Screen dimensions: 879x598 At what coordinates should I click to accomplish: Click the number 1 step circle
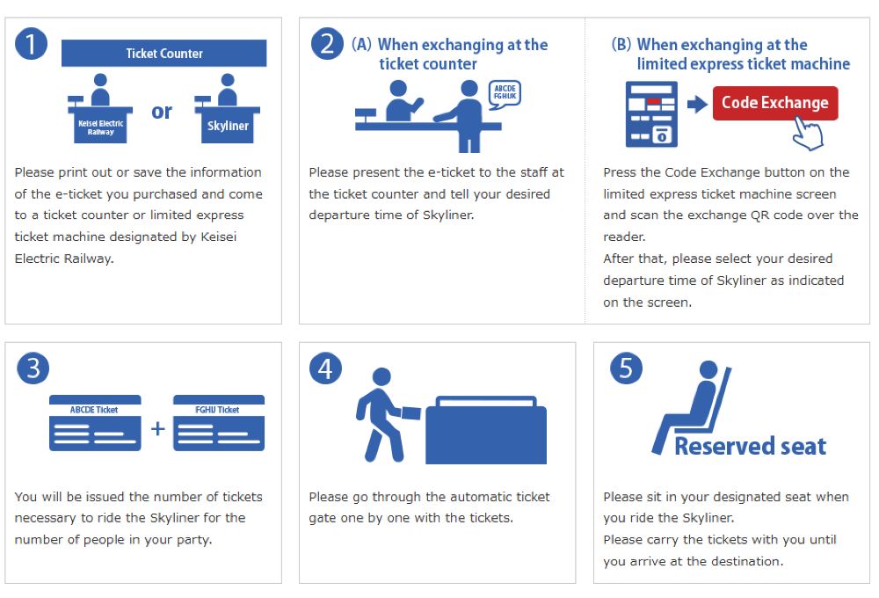point(31,44)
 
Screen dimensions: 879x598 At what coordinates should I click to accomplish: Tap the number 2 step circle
point(327,44)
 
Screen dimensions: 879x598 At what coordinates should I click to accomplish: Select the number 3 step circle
point(33,368)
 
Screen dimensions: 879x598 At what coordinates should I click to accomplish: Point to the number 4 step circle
point(326,368)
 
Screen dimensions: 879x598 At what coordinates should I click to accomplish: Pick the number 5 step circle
point(626,368)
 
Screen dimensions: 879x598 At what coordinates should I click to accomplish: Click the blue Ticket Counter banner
point(163,54)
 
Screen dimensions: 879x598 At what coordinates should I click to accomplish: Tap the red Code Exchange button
point(775,103)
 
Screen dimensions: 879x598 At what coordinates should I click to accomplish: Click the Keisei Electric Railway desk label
point(100,128)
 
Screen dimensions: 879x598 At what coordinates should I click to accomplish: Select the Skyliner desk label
point(228,127)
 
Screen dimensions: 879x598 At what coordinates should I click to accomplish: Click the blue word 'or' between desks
point(162,112)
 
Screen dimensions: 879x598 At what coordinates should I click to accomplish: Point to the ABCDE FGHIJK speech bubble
point(505,93)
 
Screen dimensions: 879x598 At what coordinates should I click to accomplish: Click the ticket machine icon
point(651,113)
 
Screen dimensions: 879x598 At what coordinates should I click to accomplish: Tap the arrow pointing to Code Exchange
point(697,104)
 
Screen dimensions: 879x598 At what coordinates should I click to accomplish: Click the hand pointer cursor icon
point(808,133)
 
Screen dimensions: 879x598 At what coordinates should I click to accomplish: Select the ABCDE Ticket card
point(95,423)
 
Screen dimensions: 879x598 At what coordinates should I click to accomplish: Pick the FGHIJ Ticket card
point(219,423)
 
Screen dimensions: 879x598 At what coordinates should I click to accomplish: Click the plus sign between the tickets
point(157,428)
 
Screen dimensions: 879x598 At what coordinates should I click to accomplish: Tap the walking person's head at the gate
point(381,376)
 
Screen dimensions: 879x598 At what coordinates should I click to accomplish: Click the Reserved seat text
point(750,447)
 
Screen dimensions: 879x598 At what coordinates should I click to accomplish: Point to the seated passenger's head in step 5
point(708,369)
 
